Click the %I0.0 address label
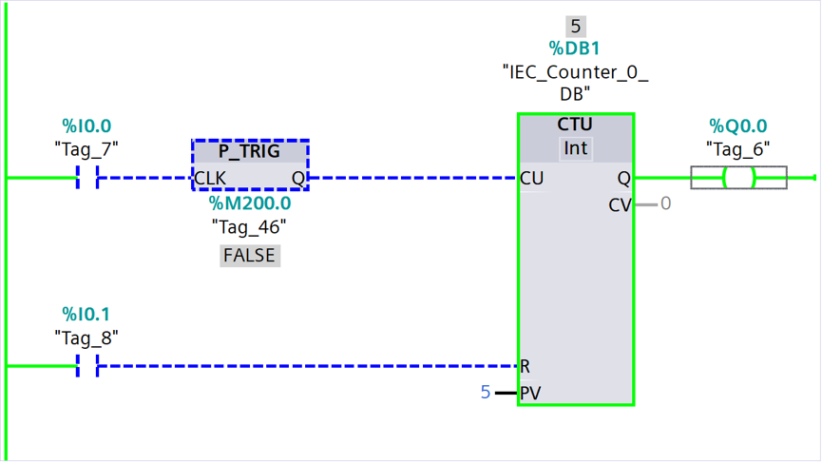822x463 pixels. (86, 125)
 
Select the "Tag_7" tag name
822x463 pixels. (86, 149)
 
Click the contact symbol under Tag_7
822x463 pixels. (87, 178)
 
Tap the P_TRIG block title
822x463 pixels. (249, 151)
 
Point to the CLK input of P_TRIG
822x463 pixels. (210, 179)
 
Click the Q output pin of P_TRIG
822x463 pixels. (297, 179)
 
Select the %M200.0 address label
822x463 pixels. (250, 203)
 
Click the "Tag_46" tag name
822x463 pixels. (249, 227)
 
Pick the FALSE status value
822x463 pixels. (250, 256)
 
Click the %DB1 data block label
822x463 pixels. (574, 48)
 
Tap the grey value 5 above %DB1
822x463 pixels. (576, 27)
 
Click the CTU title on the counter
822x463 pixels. (575, 125)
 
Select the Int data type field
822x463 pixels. (576, 148)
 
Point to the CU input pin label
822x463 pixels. (531, 179)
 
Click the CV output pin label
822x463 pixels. (620, 205)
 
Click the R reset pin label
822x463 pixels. (525, 366)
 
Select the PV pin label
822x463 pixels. (530, 393)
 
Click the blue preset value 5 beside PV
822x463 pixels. (486, 393)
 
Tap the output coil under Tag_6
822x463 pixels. (738, 178)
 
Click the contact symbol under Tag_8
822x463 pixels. (87, 365)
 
